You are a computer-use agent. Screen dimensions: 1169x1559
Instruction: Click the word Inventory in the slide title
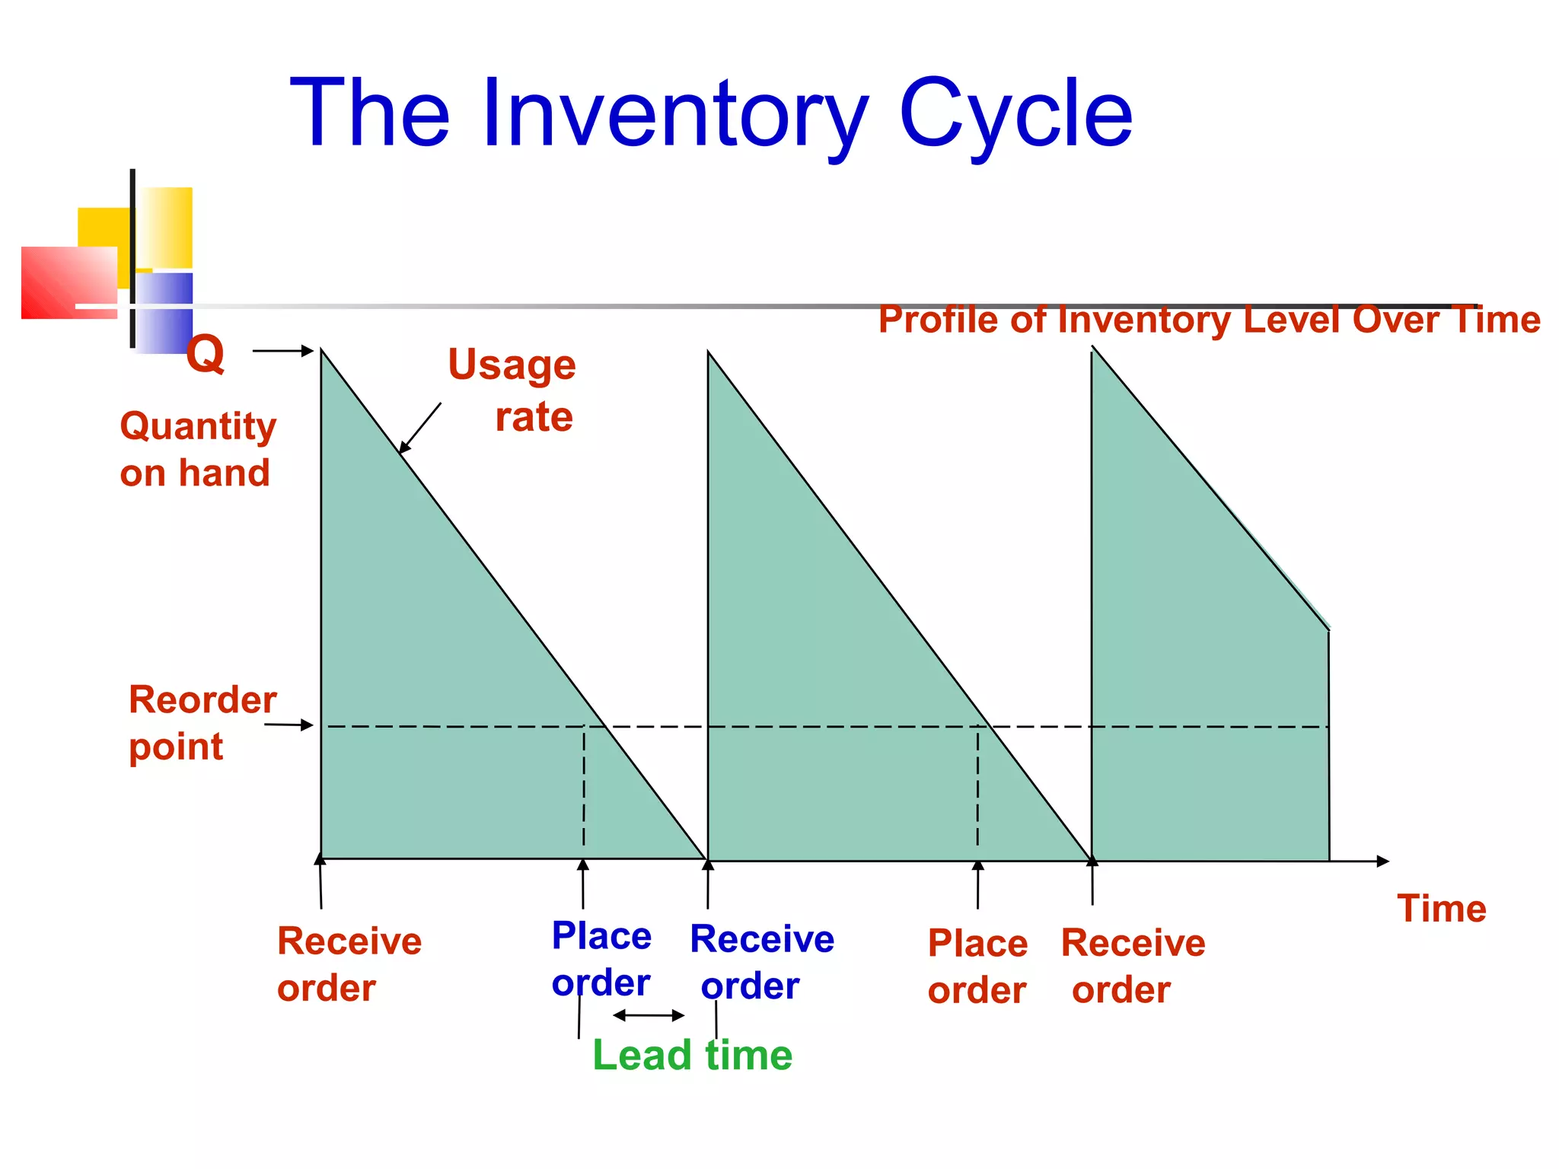pos(674,114)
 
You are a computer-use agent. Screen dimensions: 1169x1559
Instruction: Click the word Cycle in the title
pos(1015,114)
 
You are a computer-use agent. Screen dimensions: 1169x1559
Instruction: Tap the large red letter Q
pos(206,354)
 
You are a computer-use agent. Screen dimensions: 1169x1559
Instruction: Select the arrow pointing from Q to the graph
pos(282,351)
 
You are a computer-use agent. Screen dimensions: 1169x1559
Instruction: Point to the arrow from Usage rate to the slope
pos(420,428)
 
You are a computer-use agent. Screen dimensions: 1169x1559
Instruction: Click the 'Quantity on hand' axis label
pos(197,449)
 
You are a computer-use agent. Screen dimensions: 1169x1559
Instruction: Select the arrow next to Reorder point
pos(289,725)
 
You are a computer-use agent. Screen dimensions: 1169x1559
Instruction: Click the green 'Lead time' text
pos(692,1056)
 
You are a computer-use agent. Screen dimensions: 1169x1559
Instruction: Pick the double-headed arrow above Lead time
pos(649,1015)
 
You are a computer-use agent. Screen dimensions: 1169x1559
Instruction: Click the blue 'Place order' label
pos(601,959)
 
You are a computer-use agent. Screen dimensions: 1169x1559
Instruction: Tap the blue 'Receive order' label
pos(760,962)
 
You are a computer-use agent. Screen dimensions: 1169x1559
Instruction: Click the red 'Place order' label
pos(977,967)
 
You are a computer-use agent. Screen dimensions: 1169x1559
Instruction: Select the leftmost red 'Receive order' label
pos(349,964)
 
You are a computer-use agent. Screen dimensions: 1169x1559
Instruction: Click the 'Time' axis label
pos(1441,909)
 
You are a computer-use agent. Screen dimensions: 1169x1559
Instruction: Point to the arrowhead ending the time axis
pos(1382,861)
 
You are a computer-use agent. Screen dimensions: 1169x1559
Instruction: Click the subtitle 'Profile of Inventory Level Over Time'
pos(1209,320)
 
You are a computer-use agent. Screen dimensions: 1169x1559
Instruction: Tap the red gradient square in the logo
pos(69,282)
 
